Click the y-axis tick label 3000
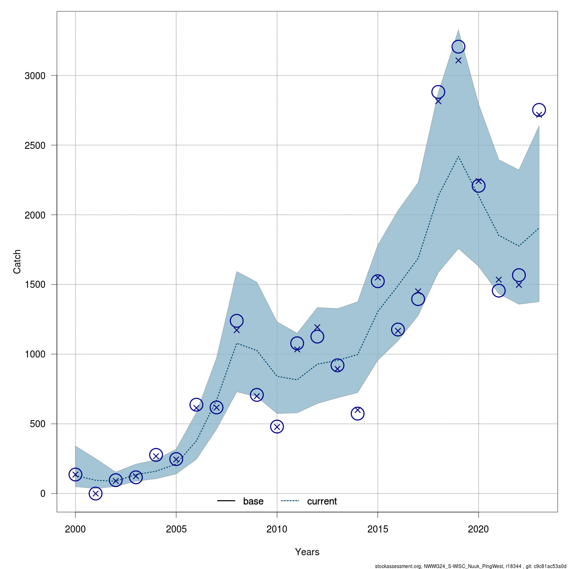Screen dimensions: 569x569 coord(36,76)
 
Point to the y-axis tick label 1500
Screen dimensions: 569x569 coord(36,284)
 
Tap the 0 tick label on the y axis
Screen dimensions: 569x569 coord(43,494)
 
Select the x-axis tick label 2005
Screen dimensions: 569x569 coord(176,529)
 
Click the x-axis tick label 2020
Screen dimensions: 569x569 coord(478,529)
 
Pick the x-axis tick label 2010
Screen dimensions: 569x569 coord(277,529)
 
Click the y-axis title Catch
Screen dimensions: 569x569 coord(17,262)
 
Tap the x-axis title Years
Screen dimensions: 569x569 coord(307,552)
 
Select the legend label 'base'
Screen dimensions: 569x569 coord(253,501)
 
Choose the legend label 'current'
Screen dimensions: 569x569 coord(322,501)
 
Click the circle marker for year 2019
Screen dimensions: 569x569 coord(458,46)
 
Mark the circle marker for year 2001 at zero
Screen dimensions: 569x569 coord(95,494)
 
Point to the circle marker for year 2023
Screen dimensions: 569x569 coord(539,110)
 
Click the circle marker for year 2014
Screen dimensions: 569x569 coord(358,413)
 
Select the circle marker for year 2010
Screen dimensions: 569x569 coord(277,427)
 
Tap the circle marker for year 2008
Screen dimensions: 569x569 coord(237,321)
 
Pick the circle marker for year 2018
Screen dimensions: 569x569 coord(438,92)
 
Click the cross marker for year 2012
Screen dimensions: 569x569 coord(317,328)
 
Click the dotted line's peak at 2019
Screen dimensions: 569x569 coord(458,156)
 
